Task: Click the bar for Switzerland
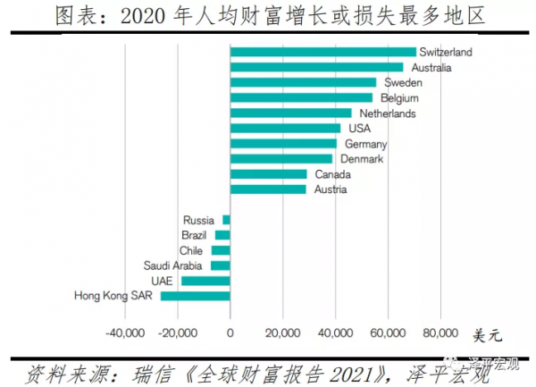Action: [x=322, y=52]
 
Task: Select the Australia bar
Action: [x=316, y=67]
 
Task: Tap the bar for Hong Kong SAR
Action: [x=195, y=296]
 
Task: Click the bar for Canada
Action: [x=268, y=174]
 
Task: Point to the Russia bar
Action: [x=226, y=220]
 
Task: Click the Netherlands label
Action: [x=387, y=114]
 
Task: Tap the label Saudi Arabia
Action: [x=174, y=265]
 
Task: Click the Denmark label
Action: [x=362, y=159]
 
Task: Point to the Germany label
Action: [x=365, y=144]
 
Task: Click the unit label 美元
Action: [x=487, y=336]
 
